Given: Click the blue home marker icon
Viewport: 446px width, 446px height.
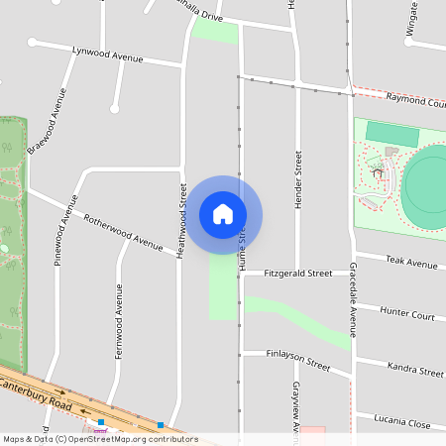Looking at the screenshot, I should click(223, 214).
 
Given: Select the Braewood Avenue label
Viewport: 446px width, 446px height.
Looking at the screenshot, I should click(47, 123).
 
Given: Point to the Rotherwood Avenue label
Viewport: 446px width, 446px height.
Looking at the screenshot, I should click(122, 231).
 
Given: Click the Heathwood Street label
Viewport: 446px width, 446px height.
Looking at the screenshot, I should click(181, 221).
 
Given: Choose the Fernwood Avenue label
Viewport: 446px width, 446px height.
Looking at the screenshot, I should click(119, 320).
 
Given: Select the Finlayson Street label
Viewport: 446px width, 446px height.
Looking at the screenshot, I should click(298, 359).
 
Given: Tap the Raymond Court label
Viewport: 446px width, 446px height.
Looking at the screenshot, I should click(416, 101).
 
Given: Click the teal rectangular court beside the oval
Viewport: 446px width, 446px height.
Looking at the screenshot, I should click(392, 133).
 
